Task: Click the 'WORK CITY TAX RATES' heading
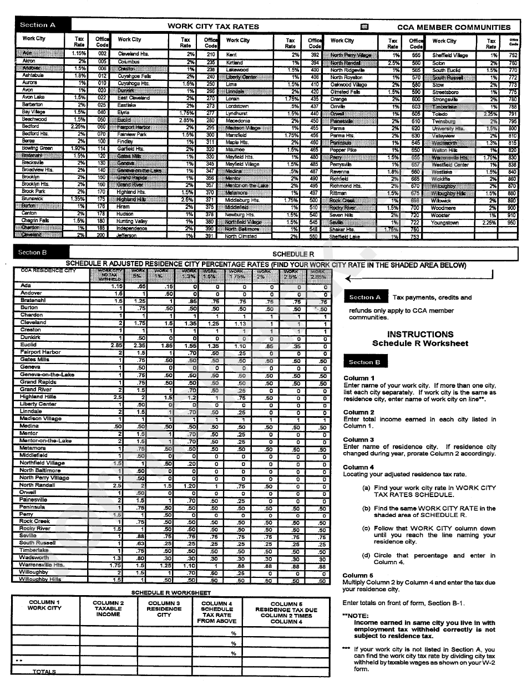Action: [214, 26]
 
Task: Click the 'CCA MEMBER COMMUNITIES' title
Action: [454, 27]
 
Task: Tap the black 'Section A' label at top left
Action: [38, 25]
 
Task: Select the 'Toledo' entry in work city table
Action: [440, 114]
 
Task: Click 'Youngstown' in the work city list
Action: [445, 222]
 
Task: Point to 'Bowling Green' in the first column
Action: [37, 149]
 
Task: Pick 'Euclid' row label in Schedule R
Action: [28, 345]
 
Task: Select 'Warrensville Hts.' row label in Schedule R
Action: [42, 565]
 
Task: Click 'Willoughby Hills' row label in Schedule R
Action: [40, 579]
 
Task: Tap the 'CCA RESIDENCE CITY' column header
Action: [48, 270]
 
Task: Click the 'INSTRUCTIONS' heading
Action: [420, 334]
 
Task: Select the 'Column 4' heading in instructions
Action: [358, 467]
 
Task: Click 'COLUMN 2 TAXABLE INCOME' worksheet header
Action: [108, 608]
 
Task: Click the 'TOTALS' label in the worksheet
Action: [44, 672]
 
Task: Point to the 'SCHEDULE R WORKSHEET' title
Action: [170, 592]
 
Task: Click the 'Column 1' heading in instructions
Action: [358, 378]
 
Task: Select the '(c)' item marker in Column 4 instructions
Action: [366, 528]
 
